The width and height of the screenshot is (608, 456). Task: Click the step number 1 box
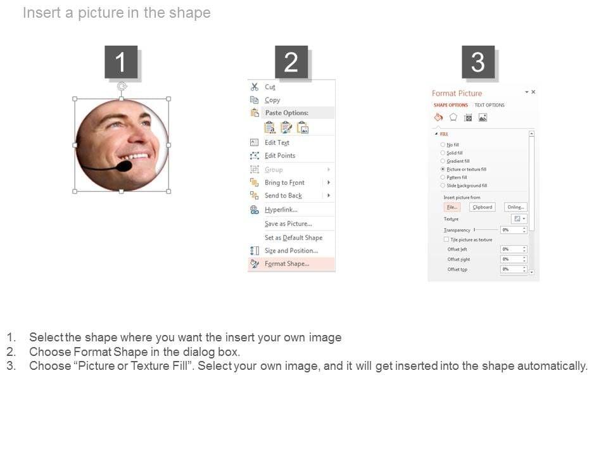tap(120, 62)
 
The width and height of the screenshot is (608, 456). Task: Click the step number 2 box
tap(291, 62)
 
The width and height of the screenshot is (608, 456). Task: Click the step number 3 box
tap(478, 62)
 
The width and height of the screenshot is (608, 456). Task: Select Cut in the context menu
tap(270, 87)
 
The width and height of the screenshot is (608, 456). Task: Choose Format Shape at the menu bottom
tap(287, 263)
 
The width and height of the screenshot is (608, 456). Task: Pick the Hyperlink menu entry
tap(281, 210)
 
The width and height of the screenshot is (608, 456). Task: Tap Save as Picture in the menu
tap(288, 224)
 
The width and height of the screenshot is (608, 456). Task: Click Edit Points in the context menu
tap(280, 155)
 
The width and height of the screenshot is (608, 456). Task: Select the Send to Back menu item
tap(283, 196)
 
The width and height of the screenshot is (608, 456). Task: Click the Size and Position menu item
tap(291, 250)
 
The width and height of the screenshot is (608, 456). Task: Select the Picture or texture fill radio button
tap(443, 170)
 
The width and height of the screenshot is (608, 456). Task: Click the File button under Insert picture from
tap(452, 207)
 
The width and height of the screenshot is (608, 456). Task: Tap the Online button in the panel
tap(516, 207)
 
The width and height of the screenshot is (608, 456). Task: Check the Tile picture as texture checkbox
tap(446, 240)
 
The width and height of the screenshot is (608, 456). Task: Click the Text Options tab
tap(490, 105)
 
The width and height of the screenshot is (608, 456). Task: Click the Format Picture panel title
tap(457, 93)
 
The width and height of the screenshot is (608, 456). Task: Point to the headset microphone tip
tap(125, 166)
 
